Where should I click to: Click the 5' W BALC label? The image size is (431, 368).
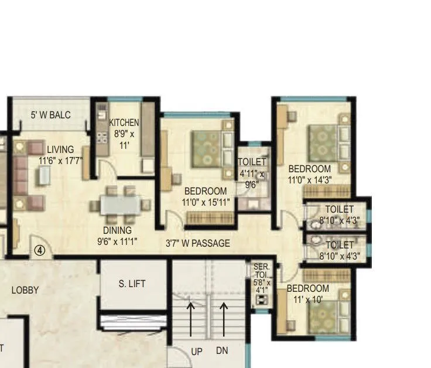point(50,115)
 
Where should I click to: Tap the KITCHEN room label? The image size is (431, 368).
point(124,122)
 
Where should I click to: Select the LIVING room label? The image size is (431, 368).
point(61,149)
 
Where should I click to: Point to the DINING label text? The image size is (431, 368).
point(118,230)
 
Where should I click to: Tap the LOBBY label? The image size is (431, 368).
point(25,290)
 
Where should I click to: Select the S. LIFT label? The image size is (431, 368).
point(132,284)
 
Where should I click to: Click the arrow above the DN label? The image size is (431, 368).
point(223,319)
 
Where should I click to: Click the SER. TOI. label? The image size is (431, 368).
point(261,271)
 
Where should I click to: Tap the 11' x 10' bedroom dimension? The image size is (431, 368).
point(308,299)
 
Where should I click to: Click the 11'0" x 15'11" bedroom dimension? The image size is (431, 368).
point(206,202)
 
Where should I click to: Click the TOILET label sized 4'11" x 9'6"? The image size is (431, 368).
point(252,162)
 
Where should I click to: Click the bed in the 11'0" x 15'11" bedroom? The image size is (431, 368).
point(207,146)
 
